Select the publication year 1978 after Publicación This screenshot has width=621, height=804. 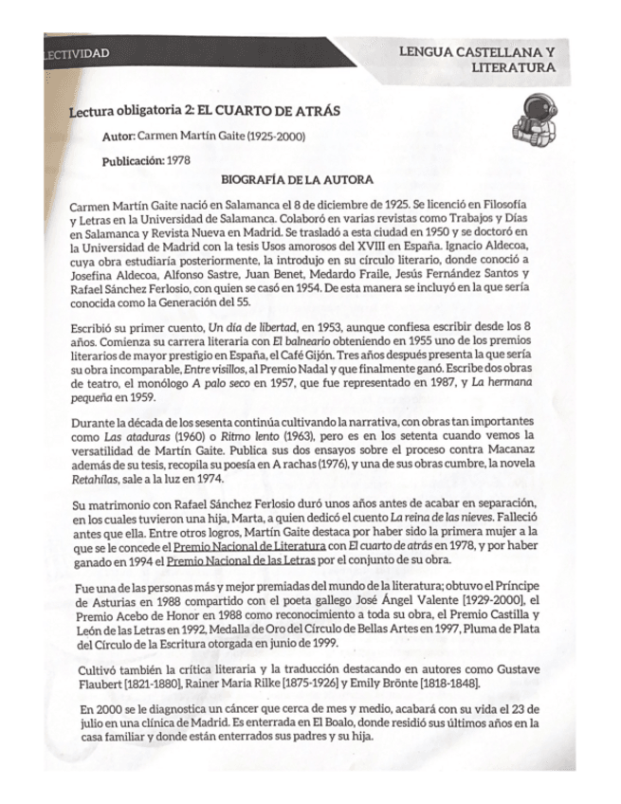(x=178, y=159)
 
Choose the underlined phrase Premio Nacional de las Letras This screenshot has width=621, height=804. (x=220, y=563)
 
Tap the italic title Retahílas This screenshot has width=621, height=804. (x=100, y=481)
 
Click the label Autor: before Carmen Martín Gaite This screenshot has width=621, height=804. (x=119, y=137)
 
